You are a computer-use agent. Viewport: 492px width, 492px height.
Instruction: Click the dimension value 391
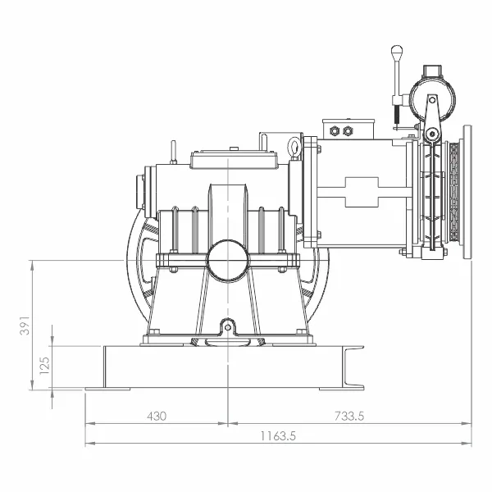click(x=25, y=326)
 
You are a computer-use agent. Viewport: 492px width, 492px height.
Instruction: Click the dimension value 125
click(x=44, y=366)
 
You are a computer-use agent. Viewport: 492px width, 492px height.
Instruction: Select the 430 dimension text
click(x=157, y=416)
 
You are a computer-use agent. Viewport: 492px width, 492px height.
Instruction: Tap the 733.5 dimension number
click(x=349, y=416)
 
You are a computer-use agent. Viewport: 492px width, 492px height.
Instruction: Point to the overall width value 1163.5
click(x=278, y=436)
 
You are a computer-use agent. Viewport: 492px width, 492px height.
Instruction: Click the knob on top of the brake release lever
click(x=397, y=52)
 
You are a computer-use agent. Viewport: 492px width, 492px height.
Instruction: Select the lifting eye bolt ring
click(x=294, y=146)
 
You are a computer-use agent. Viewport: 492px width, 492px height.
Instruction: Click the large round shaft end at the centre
click(x=228, y=261)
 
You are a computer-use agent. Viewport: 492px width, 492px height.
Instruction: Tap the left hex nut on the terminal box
click(x=335, y=130)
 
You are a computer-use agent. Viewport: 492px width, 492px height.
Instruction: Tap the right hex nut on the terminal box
click(x=347, y=130)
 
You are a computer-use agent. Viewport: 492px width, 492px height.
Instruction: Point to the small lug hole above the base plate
click(x=228, y=327)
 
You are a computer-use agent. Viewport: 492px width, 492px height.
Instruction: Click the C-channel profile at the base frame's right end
click(x=353, y=367)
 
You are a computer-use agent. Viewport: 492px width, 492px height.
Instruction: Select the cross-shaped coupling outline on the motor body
click(x=362, y=192)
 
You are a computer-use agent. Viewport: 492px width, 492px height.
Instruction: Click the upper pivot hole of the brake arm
click(x=432, y=100)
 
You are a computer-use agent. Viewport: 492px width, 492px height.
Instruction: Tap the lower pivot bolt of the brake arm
click(x=432, y=134)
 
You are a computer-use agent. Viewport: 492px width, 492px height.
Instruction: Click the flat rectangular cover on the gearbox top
click(x=234, y=159)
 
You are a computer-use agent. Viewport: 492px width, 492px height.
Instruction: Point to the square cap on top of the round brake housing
click(x=432, y=71)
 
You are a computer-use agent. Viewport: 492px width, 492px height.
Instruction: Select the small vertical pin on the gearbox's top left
click(x=173, y=153)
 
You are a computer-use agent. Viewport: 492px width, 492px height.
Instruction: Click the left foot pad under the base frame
click(x=107, y=389)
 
